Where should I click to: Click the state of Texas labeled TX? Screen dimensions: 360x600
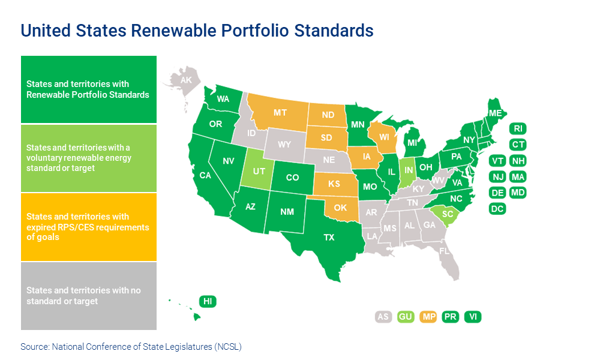tap(329, 237)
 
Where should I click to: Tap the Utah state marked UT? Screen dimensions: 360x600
tap(257, 172)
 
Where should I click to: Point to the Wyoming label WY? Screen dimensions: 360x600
tap(285, 145)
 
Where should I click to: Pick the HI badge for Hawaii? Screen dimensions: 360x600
tap(207, 301)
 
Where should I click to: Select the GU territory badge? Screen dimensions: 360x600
tap(406, 317)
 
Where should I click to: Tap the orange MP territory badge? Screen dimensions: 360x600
tap(428, 317)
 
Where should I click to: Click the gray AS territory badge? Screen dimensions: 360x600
tap(383, 317)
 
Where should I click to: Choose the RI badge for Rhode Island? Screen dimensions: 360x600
tap(518, 128)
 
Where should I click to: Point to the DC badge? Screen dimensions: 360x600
tap(497, 209)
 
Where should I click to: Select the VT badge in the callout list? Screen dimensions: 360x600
tap(497, 161)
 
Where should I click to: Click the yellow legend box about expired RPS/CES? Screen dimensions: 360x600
tap(89, 227)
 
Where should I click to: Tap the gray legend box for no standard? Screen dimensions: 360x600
tap(89, 295)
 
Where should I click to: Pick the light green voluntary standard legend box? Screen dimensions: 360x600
tap(89, 158)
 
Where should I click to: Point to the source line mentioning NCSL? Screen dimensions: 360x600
tap(131, 346)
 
